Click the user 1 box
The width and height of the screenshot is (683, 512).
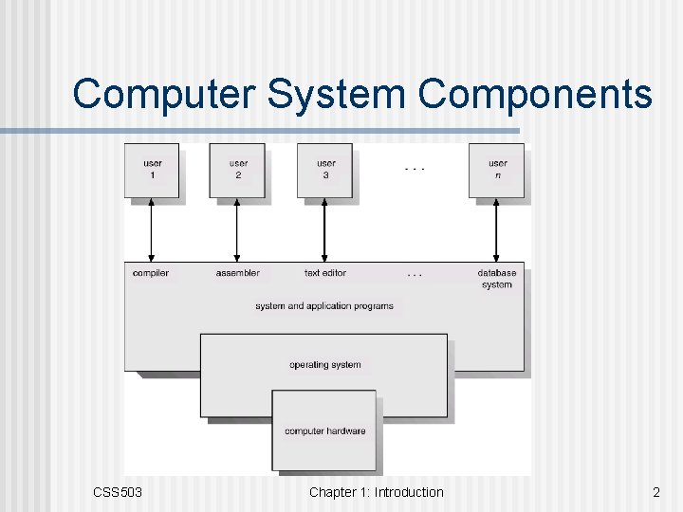coord(152,170)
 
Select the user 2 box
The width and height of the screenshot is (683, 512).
coord(238,170)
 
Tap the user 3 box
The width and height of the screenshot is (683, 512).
coord(325,170)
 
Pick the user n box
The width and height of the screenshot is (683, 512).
coord(497,170)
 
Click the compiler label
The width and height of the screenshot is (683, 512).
coord(152,273)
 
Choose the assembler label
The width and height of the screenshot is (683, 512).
coord(238,273)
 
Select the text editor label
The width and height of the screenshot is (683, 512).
coord(325,273)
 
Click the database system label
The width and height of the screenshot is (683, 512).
coord(497,279)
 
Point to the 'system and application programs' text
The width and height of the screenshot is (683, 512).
coord(324,306)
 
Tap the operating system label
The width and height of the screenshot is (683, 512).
coord(324,365)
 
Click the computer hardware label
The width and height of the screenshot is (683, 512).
coord(324,431)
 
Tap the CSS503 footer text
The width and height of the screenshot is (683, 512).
coord(118,492)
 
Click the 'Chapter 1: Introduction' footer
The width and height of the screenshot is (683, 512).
coord(376,492)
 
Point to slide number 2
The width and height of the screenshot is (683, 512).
coord(655,492)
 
